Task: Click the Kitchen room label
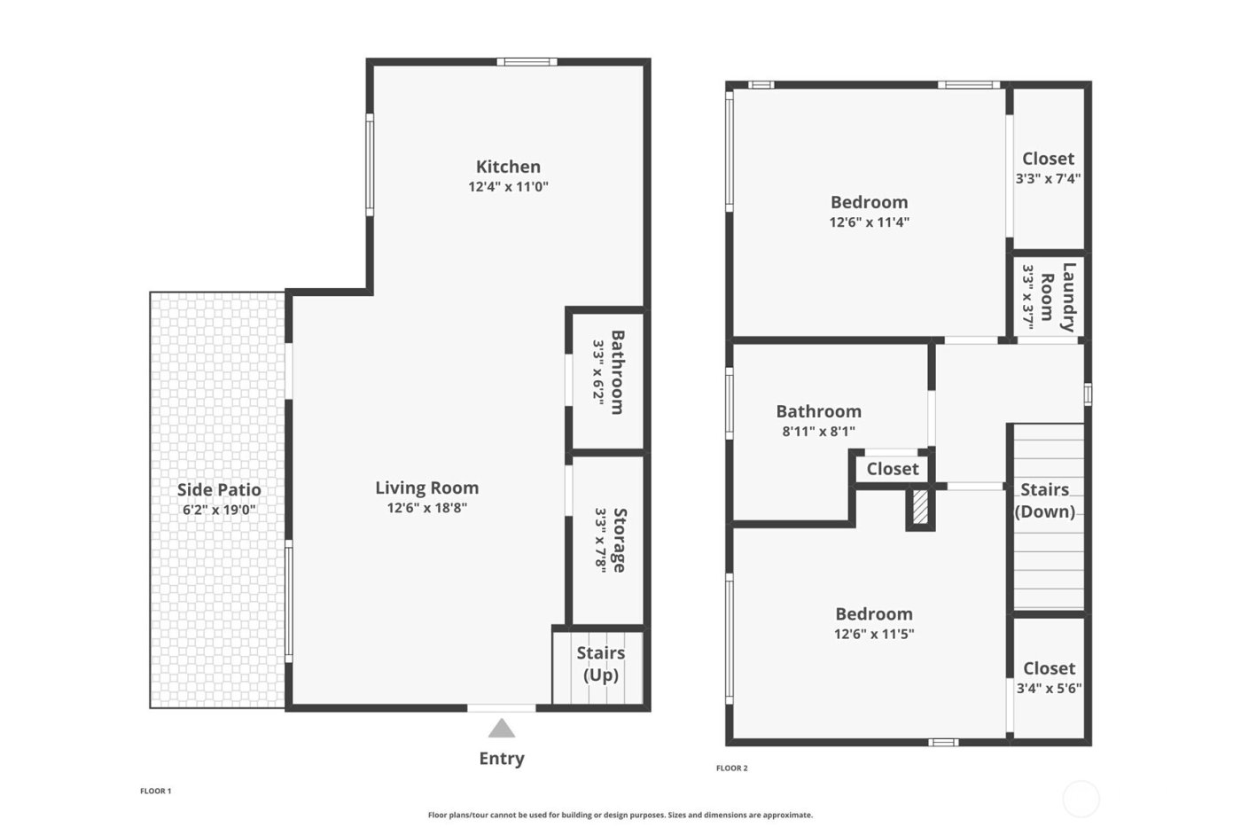click(x=508, y=167)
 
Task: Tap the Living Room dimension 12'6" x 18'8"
click(x=426, y=508)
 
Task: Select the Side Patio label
click(x=219, y=490)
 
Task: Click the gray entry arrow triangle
click(x=502, y=729)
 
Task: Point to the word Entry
click(x=502, y=759)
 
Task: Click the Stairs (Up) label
click(x=601, y=664)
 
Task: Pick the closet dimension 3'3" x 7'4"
click(x=1048, y=178)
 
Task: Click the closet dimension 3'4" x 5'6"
click(x=1049, y=688)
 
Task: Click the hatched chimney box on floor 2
click(x=921, y=509)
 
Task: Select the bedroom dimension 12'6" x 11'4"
click(x=869, y=222)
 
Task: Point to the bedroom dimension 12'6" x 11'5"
click(x=873, y=634)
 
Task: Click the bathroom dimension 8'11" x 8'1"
click(x=818, y=432)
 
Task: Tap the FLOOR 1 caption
click(x=155, y=791)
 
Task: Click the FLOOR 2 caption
click(x=731, y=768)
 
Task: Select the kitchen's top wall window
click(x=527, y=62)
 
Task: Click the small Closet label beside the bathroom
click(x=892, y=469)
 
